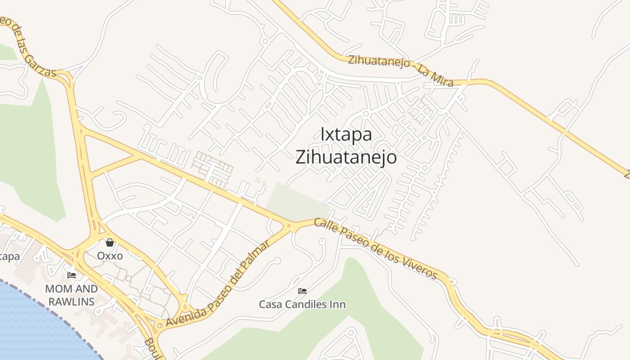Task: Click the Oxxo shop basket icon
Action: (x=110, y=243)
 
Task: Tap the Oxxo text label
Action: (x=110, y=256)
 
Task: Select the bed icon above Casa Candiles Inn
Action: (x=302, y=291)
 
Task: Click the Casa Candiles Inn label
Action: (x=302, y=305)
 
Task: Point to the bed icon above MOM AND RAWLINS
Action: (x=72, y=275)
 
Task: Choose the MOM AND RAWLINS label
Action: (x=72, y=295)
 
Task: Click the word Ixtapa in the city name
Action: (x=346, y=135)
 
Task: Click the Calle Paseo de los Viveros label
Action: (x=376, y=248)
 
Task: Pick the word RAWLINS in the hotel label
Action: (x=72, y=301)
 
